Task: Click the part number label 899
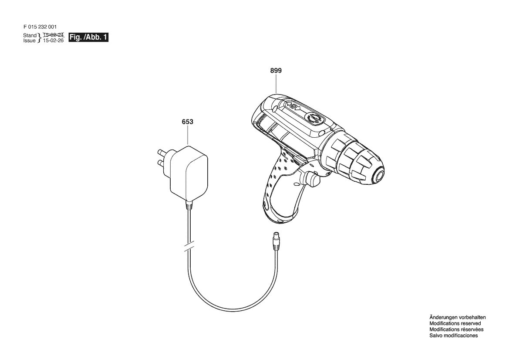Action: click(x=276, y=71)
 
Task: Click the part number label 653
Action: click(x=187, y=122)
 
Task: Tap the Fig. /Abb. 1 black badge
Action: click(x=88, y=37)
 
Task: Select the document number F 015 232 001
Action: click(x=40, y=27)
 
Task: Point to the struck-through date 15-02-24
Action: click(x=53, y=34)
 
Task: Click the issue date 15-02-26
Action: click(x=53, y=41)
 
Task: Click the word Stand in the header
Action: click(x=30, y=35)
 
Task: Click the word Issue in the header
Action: click(x=29, y=41)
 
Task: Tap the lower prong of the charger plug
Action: click(x=164, y=162)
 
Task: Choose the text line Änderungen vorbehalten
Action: click(x=457, y=317)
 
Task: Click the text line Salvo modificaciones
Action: click(x=454, y=336)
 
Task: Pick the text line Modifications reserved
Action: click(x=455, y=324)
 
